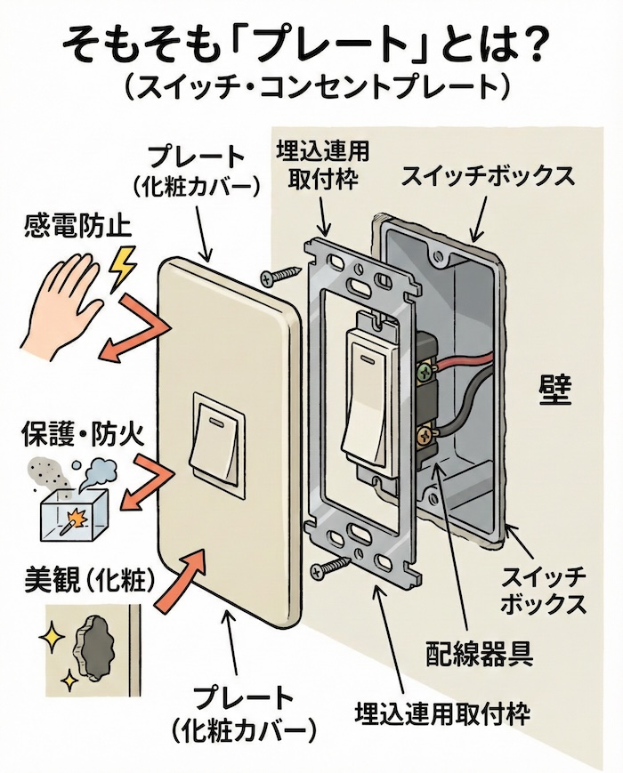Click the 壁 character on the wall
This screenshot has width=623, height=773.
(553, 391)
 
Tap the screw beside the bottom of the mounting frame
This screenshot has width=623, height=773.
(330, 562)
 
